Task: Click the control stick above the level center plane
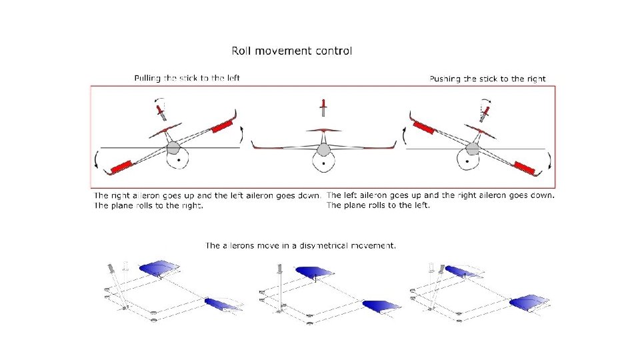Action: [323, 106]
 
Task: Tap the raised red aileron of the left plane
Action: [222, 125]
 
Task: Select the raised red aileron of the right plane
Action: [423, 125]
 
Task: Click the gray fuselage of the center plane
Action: [323, 149]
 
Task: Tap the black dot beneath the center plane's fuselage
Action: [323, 162]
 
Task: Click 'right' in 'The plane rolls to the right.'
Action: [189, 205]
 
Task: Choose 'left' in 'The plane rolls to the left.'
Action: [421, 205]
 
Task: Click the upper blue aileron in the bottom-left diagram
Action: [159, 268]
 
